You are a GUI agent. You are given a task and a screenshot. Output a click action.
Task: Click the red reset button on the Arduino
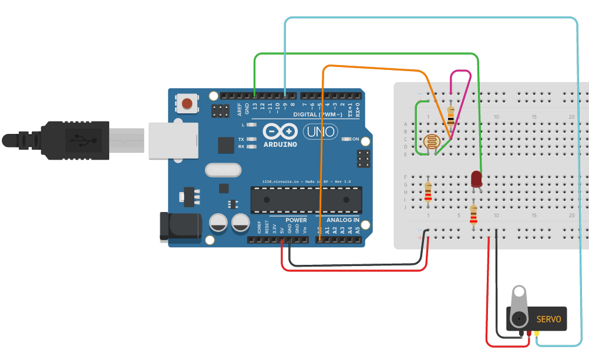point(187,104)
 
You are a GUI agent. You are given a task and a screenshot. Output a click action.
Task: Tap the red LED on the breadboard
point(476,179)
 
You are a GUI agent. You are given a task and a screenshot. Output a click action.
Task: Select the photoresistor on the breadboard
point(432,142)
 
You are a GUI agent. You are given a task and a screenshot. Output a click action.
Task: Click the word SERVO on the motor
point(548,320)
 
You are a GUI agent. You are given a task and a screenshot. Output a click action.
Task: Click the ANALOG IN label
point(343,220)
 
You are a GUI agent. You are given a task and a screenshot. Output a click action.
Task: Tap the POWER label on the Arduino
point(296,220)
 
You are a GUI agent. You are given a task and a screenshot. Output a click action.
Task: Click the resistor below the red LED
point(473,215)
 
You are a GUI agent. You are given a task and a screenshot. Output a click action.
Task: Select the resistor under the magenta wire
point(450,114)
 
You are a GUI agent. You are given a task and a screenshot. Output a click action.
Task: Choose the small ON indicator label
point(355,139)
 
